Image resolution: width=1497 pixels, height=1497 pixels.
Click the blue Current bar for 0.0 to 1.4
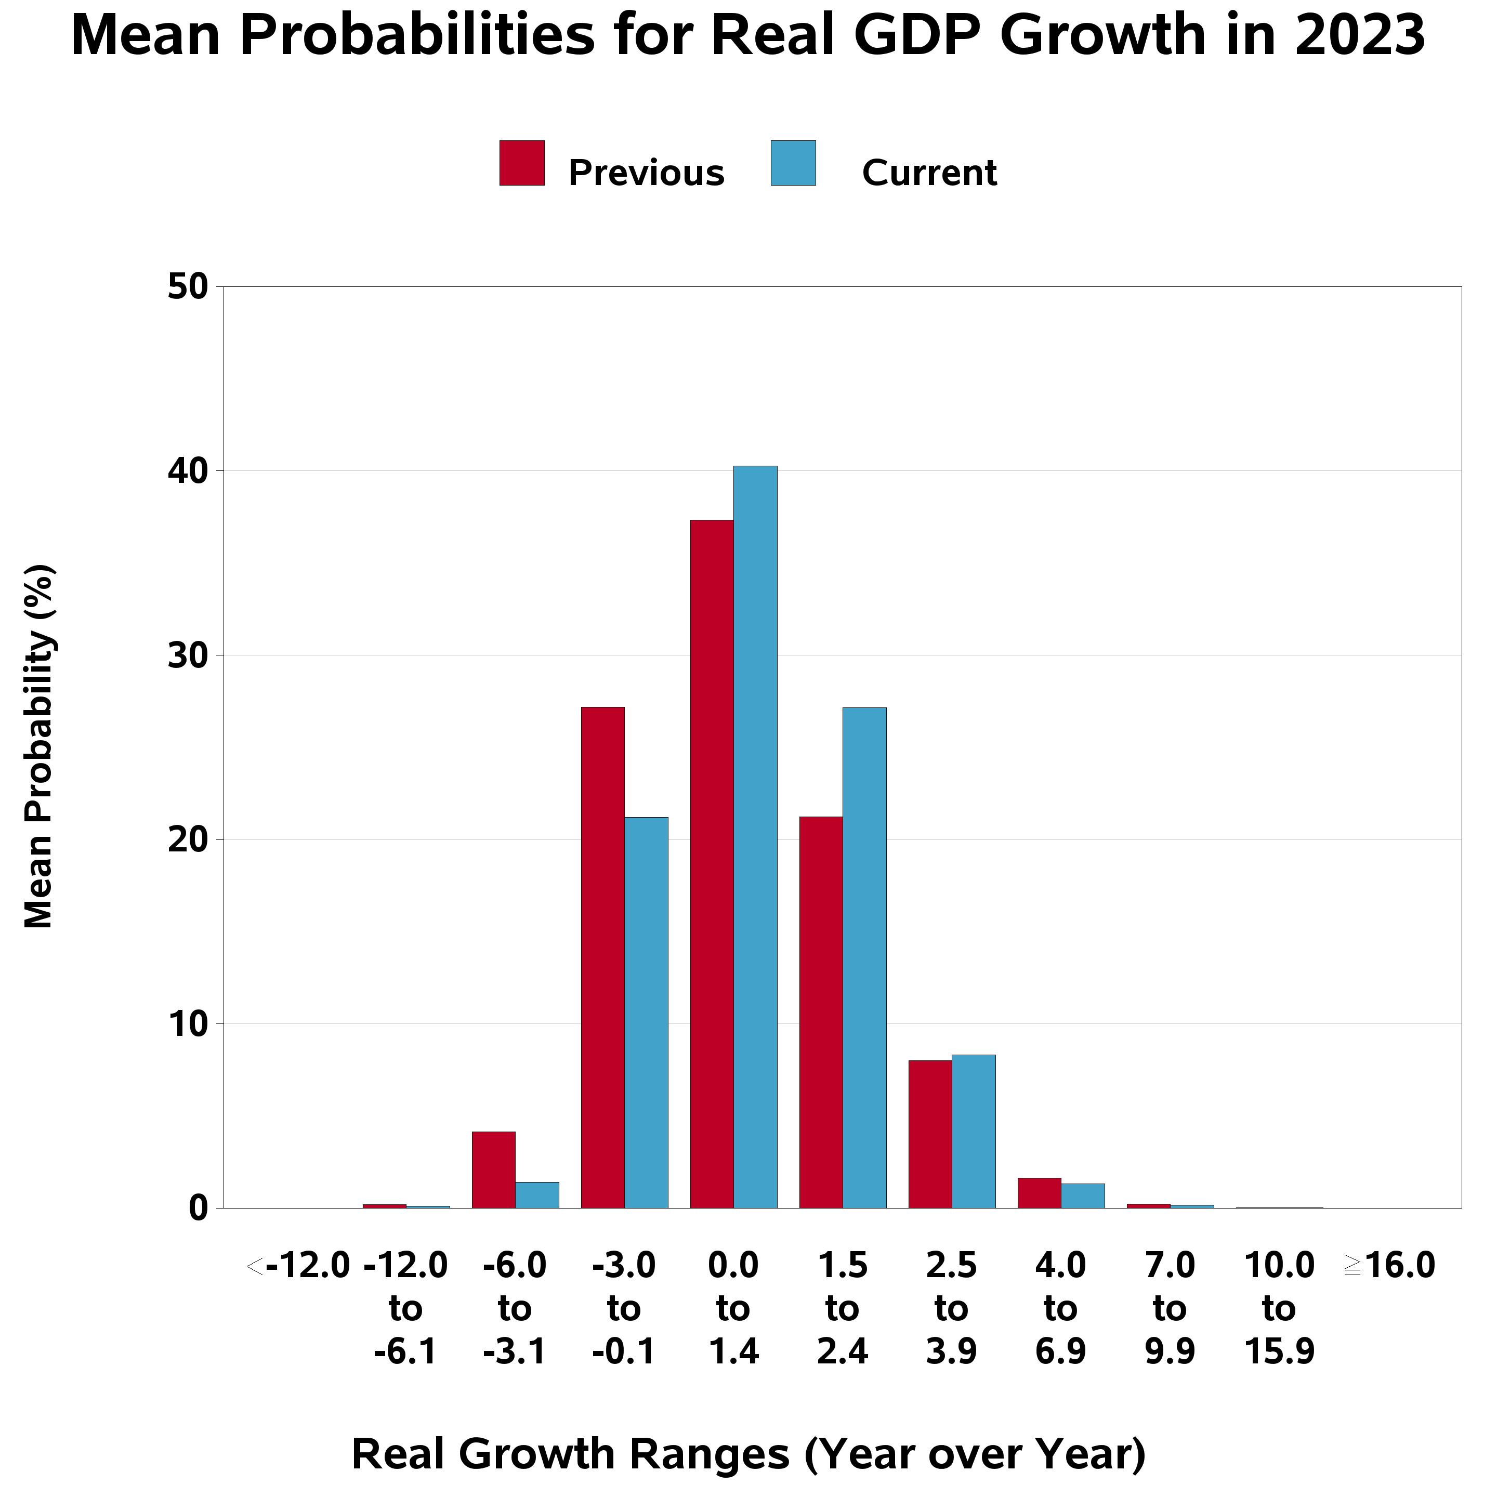[755, 837]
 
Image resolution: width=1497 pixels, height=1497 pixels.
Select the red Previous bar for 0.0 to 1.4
[712, 864]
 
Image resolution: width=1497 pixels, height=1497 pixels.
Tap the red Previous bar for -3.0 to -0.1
[603, 957]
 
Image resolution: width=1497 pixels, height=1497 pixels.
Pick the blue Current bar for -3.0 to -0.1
[646, 1013]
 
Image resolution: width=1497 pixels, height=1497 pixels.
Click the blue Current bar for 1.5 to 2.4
[865, 957]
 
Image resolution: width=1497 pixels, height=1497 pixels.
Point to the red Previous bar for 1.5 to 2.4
[821, 1013]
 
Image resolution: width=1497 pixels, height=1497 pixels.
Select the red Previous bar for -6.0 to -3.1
[494, 1170]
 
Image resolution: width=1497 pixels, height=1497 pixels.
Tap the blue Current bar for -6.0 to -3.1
[537, 1195]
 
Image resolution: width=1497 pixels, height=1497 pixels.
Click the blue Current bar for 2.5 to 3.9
[974, 1131]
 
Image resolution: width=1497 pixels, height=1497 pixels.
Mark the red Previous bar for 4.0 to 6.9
[1039, 1193]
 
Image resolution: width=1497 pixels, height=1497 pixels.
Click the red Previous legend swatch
[521, 163]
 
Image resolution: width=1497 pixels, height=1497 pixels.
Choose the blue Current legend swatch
[793, 163]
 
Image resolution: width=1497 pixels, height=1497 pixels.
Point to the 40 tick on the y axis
[188, 471]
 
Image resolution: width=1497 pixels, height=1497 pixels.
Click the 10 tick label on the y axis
[188, 1025]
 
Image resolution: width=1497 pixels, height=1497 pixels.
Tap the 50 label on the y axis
[188, 287]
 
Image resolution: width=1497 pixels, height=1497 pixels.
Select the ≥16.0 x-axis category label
[1389, 1266]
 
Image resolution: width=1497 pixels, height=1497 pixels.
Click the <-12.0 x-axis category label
[298, 1266]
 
